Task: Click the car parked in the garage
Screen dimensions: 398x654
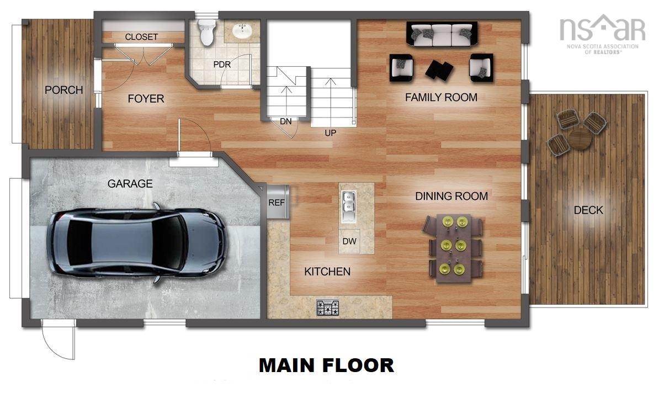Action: coord(136,242)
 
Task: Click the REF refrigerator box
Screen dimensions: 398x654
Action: coord(277,202)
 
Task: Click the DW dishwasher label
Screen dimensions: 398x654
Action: coord(349,241)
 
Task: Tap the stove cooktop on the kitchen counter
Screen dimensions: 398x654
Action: coord(328,307)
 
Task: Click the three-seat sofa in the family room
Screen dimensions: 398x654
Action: coord(442,35)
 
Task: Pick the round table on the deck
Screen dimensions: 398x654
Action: coord(579,138)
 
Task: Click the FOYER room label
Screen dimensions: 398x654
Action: coord(146,99)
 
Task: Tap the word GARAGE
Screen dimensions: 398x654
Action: coord(130,184)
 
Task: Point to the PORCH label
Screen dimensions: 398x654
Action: coord(64,90)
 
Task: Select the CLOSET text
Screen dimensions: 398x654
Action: coord(141,37)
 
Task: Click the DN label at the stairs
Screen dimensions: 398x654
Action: coord(285,121)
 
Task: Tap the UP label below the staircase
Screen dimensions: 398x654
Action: coord(331,132)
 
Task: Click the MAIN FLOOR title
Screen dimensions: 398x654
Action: coord(326,365)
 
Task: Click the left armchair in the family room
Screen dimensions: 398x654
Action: coord(402,67)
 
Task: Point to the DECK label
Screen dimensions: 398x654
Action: coord(588,210)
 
